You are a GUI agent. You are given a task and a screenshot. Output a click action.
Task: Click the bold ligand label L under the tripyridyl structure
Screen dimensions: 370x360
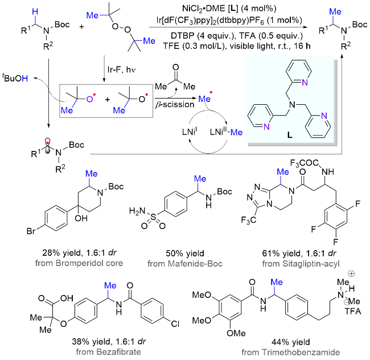click(x=290, y=134)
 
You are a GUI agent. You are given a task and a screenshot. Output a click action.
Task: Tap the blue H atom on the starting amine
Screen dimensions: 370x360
click(x=35, y=11)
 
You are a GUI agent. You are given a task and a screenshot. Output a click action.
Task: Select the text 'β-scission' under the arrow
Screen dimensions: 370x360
click(x=175, y=104)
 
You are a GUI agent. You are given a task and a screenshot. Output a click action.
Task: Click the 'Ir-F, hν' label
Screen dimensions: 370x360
click(x=121, y=69)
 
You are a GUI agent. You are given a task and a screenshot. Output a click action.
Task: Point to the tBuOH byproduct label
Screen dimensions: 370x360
click(x=15, y=78)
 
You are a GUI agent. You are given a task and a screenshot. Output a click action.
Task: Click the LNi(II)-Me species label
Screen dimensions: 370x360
click(x=226, y=132)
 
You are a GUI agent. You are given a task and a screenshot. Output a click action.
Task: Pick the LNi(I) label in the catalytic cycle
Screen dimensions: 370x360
click(x=190, y=132)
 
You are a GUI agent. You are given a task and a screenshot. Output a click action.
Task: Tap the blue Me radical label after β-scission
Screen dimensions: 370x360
click(x=204, y=98)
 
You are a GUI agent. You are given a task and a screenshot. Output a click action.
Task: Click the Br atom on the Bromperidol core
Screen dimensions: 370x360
click(x=31, y=231)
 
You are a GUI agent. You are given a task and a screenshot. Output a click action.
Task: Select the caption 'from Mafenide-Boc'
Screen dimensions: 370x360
click(x=185, y=263)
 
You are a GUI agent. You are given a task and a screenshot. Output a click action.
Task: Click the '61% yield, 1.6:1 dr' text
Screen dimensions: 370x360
click(x=299, y=253)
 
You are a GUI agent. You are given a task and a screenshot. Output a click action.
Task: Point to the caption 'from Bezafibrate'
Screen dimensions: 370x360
click(x=108, y=352)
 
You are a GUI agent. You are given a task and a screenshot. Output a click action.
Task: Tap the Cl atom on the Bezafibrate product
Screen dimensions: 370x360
click(x=175, y=324)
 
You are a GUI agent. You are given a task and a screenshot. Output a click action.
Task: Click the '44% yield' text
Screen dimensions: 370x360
click(x=290, y=342)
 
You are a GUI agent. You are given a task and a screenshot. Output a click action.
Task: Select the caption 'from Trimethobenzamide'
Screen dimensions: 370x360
click(x=290, y=353)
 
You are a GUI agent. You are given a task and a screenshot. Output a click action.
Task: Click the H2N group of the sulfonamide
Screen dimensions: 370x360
click(x=137, y=211)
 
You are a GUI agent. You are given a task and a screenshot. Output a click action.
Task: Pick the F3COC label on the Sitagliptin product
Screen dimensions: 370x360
click(x=305, y=163)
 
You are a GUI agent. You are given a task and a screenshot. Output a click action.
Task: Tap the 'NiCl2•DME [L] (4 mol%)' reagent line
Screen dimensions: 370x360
click(x=229, y=9)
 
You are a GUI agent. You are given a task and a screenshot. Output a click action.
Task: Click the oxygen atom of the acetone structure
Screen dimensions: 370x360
click(x=175, y=67)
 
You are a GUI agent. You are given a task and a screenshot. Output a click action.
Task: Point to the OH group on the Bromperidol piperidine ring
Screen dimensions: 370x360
click(x=81, y=218)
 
